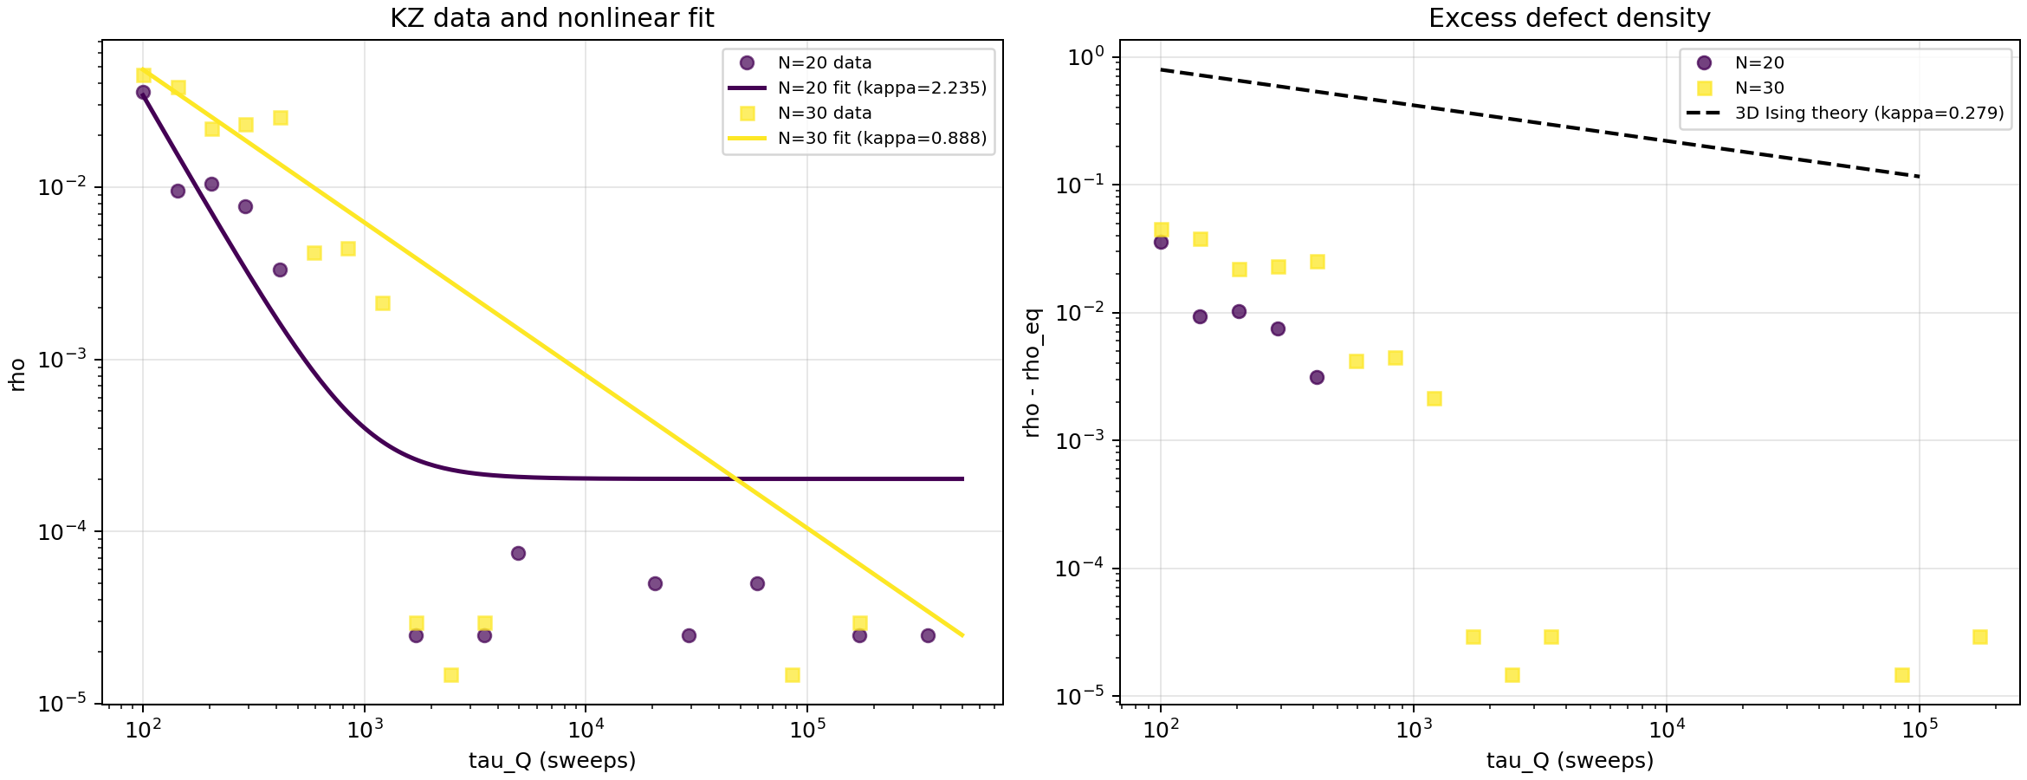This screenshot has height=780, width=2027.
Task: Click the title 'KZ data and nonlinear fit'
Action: [x=552, y=18]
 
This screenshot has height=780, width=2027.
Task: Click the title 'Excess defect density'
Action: [x=1569, y=18]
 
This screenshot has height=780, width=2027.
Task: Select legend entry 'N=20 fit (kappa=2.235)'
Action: [x=882, y=88]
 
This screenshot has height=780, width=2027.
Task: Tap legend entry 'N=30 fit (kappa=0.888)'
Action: [x=882, y=138]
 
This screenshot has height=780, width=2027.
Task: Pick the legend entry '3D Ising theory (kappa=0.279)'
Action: [x=1868, y=113]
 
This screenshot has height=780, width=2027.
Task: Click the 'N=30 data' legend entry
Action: [x=824, y=113]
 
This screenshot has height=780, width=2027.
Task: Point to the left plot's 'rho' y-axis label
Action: [x=18, y=374]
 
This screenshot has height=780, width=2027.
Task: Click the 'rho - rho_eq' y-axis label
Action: [x=1032, y=373]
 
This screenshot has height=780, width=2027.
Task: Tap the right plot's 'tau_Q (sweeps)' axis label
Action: [x=1570, y=761]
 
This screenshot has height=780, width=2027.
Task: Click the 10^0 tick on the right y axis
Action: [x=1088, y=58]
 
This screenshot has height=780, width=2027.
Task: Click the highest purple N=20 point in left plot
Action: [x=144, y=92]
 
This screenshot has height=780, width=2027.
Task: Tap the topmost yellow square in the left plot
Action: [x=144, y=75]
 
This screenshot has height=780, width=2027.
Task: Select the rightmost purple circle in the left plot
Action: [x=928, y=635]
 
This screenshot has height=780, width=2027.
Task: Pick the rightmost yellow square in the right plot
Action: [x=1979, y=637]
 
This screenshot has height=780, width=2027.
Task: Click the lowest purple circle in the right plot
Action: [x=1317, y=377]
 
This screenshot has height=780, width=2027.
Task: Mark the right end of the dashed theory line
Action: [x=1920, y=177]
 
